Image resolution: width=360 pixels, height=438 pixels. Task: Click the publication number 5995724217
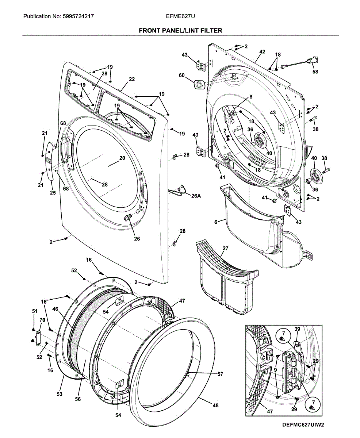coord(78,16)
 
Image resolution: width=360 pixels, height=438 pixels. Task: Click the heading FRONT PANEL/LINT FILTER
coord(180,31)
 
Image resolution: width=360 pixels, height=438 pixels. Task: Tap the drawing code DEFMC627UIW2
coord(303,425)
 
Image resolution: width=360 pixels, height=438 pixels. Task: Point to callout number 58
coord(315,72)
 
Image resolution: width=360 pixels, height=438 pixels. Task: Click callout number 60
coord(181,76)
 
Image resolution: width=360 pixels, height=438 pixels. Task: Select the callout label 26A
coord(196,196)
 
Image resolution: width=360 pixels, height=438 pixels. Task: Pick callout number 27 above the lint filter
coord(225,248)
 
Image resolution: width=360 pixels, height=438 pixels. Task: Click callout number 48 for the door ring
coord(215,405)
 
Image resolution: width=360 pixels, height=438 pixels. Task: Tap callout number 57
coord(220,374)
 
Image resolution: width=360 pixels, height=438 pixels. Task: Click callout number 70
coord(42,320)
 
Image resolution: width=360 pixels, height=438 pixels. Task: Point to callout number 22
coord(131,79)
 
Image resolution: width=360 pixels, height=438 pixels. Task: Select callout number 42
coord(262,52)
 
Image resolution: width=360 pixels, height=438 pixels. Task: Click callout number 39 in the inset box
coord(297,329)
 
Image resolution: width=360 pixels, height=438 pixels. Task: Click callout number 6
coord(215,222)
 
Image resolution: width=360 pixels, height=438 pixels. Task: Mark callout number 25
coord(53,193)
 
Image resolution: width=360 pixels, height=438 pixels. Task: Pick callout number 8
coord(251,97)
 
